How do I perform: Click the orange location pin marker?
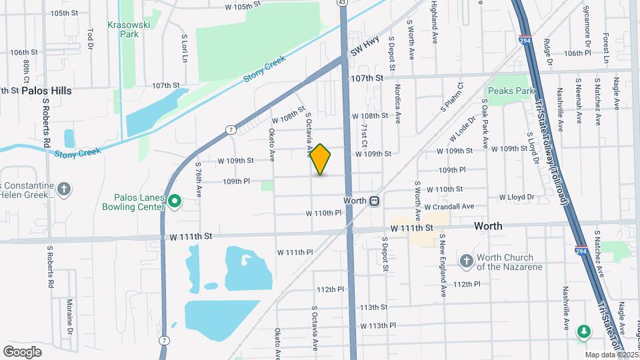tap(321, 159)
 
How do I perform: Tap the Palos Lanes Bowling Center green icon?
tap(175, 200)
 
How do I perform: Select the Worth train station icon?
tap(375, 200)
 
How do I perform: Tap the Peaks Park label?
tap(511, 91)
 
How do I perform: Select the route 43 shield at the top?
tap(342, 3)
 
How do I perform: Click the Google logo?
tap(22, 351)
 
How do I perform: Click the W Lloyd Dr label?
tap(517, 197)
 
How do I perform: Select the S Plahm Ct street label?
tap(451, 98)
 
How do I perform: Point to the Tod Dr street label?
tap(90, 38)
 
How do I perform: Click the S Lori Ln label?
tap(185, 49)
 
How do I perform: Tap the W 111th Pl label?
tap(295, 252)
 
